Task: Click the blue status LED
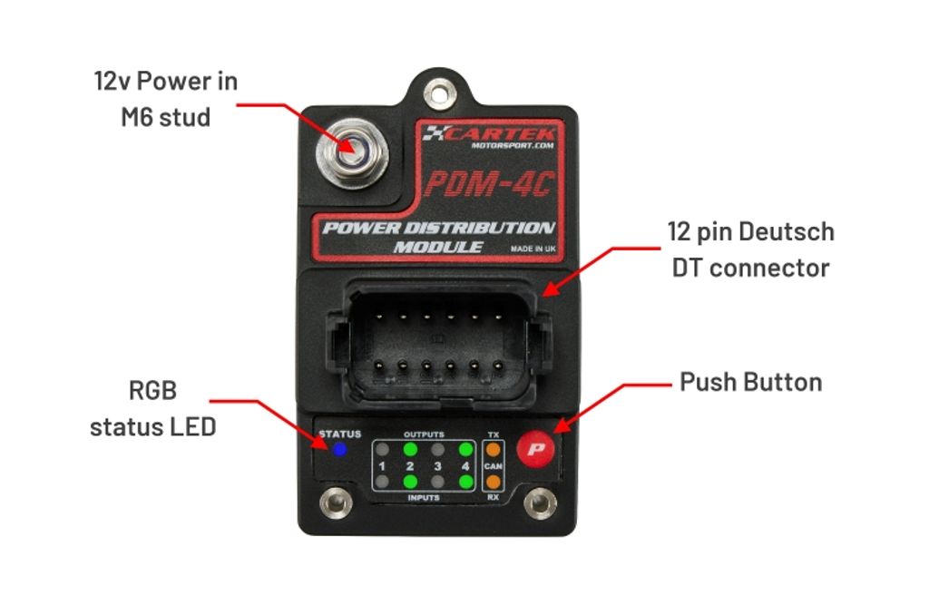339,450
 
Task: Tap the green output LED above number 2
410,449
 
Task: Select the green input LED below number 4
465,482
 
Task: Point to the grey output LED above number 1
382,449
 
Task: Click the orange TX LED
493,450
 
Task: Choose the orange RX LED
493,482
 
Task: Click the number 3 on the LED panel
438,466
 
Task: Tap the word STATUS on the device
340,434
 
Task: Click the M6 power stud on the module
352,153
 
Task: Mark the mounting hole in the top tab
438,93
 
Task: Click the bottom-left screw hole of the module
336,503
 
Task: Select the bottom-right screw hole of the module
541,503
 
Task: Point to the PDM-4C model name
489,184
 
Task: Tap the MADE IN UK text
533,249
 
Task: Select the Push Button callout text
750,382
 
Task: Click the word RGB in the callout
152,391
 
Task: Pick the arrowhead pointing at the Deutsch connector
550,289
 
